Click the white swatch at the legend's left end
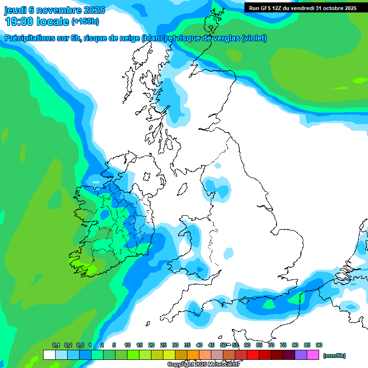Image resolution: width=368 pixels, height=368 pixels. [49, 355]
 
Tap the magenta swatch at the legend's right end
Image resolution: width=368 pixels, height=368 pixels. [313, 355]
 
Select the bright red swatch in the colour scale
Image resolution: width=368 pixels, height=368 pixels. [253, 355]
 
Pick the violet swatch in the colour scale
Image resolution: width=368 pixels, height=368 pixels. [301, 355]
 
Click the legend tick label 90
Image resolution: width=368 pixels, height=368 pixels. [319, 345]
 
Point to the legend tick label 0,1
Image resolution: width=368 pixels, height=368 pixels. [56, 345]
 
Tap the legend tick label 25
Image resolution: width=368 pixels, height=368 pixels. [163, 345]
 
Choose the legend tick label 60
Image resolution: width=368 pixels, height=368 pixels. [247, 345]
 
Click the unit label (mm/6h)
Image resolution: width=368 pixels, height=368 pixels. [334, 356]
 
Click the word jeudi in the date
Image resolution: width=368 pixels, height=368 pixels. [15, 10]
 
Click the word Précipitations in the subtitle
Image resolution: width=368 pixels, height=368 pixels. [30, 38]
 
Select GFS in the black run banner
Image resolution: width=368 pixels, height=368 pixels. [266, 8]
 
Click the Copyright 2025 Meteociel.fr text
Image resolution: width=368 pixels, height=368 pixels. [203, 365]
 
